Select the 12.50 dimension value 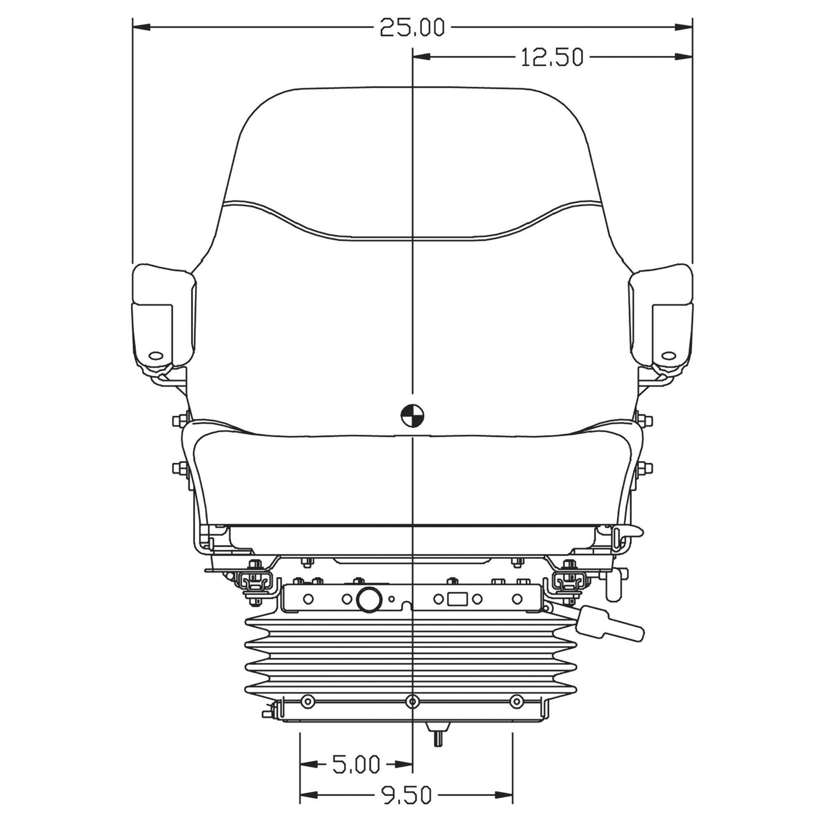(x=552, y=57)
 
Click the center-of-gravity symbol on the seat (x=412, y=414)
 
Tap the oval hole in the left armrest (x=156, y=355)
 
